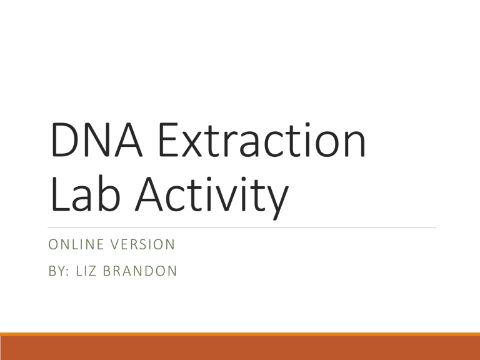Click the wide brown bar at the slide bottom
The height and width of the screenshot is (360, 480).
coord(240,348)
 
